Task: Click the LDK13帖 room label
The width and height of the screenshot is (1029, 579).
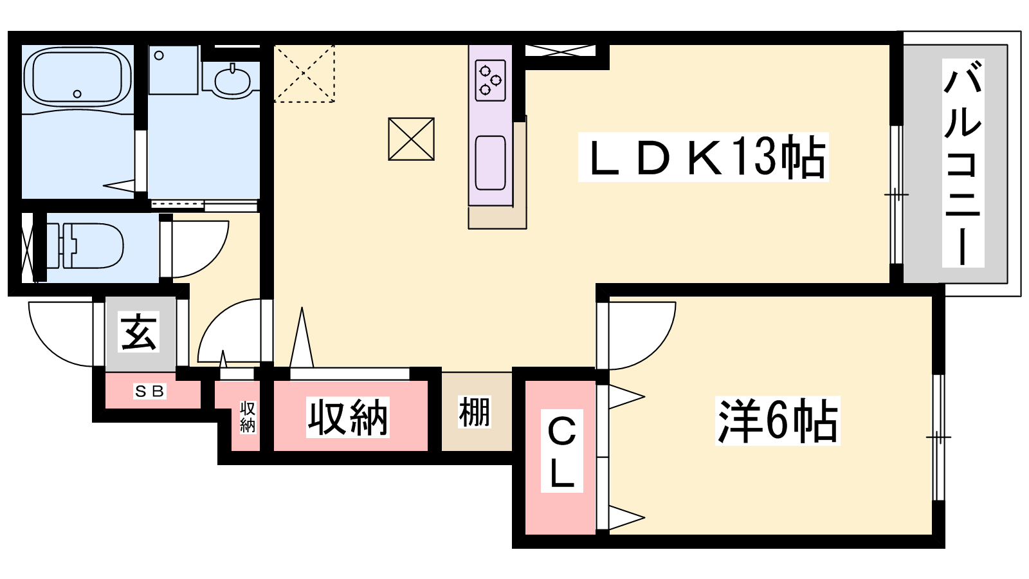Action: tap(703, 157)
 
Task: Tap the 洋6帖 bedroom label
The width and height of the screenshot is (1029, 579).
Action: tap(778, 421)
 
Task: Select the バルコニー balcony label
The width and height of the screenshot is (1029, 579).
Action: tap(963, 163)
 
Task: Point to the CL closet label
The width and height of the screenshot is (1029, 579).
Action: tap(561, 451)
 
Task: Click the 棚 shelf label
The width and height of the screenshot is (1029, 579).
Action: tap(475, 412)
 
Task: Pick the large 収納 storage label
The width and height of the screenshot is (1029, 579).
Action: tap(348, 417)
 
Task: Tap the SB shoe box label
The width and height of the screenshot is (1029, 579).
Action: tap(149, 391)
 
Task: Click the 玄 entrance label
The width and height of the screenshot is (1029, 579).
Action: tap(139, 332)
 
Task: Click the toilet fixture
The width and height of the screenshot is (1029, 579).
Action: tap(85, 245)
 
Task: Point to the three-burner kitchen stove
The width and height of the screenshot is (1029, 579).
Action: tap(490, 80)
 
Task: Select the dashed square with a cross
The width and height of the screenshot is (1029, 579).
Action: tap(304, 73)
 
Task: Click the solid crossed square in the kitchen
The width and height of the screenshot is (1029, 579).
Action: tap(411, 139)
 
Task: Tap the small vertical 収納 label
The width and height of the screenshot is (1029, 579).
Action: tap(248, 417)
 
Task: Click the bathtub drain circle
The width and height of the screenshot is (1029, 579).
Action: tap(77, 94)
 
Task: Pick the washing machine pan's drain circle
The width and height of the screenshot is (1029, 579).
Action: tap(159, 55)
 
